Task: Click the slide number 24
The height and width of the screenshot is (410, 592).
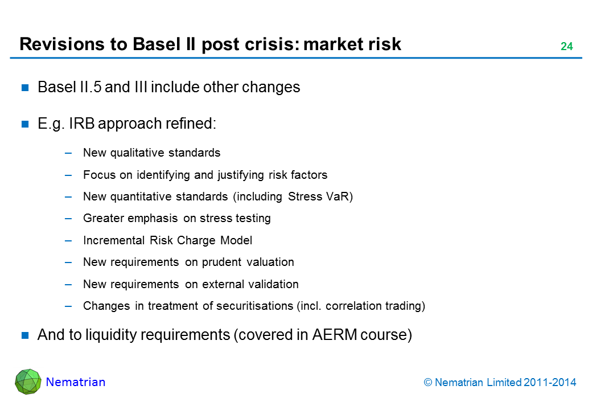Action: tap(566, 47)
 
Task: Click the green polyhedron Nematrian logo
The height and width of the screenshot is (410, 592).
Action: tap(28, 382)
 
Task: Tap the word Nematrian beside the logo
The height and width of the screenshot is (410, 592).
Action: tap(76, 382)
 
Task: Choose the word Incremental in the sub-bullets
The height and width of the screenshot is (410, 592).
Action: tap(114, 240)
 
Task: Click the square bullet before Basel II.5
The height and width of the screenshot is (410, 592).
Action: tap(25, 88)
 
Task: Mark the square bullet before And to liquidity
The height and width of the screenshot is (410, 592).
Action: tap(25, 335)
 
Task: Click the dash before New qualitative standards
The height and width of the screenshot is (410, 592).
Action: tap(68, 153)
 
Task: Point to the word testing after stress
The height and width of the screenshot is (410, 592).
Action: tap(252, 218)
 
